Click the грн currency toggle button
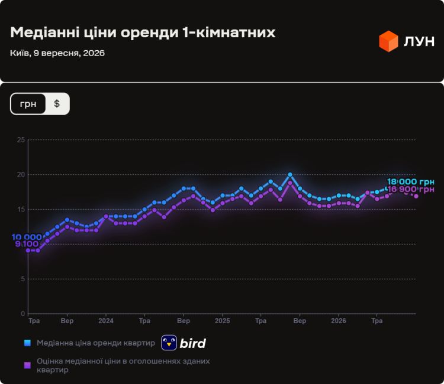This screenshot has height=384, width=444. (28, 104)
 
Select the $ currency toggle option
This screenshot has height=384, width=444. (57, 104)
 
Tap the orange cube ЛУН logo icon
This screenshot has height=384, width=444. (388, 41)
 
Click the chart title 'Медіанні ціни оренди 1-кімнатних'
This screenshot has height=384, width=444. (143, 32)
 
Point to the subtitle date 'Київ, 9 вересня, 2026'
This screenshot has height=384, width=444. (57, 53)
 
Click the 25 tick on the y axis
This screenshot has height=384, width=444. (21, 140)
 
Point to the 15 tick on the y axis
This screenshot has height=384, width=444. (21, 209)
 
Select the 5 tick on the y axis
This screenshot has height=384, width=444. (22, 279)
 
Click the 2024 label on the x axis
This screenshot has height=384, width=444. (106, 321)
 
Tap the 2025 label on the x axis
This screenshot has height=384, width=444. (222, 321)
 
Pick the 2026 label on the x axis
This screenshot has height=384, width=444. (339, 321)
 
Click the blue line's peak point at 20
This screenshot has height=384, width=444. (290, 175)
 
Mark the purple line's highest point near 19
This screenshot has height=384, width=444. (290, 183)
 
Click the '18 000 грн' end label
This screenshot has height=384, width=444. (411, 182)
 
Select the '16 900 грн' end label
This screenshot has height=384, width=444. (411, 189)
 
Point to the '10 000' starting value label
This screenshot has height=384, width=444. (27, 237)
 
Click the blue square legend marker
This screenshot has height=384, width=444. (27, 343)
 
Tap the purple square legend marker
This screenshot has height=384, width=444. (27, 365)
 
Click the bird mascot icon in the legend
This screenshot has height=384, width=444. (169, 343)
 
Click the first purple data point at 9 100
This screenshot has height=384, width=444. (28, 250)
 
